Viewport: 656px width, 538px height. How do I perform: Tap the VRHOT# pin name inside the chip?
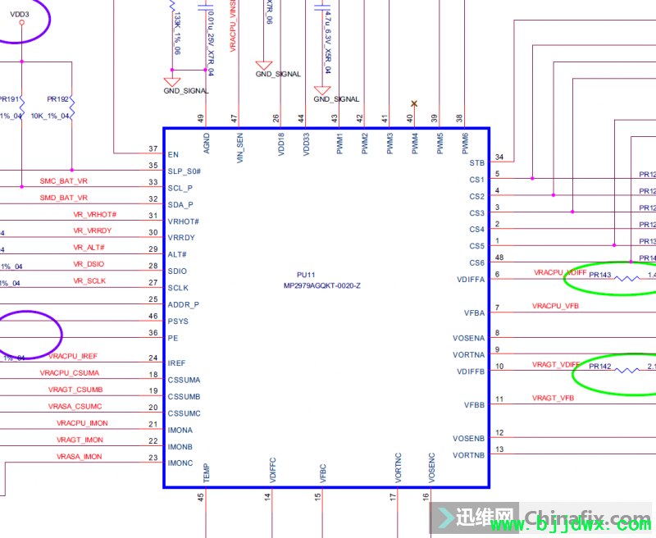[x=184, y=221]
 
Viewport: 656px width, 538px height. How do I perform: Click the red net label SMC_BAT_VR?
[x=63, y=181]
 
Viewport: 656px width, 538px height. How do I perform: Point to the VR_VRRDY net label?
[x=93, y=231]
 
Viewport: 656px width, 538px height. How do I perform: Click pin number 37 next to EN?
[x=153, y=148]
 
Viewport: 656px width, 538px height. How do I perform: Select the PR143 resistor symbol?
[x=627, y=278]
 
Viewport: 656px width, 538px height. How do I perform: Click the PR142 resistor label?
[x=600, y=367]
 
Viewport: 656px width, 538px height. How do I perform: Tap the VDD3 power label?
[x=20, y=14]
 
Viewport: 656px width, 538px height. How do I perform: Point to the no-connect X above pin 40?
[x=414, y=103]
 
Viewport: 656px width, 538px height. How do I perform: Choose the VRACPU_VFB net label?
[x=555, y=307]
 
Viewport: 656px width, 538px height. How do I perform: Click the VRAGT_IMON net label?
[x=79, y=440]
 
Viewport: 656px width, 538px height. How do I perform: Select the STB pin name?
[x=477, y=163]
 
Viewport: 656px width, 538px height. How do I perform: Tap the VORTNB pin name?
[x=468, y=455]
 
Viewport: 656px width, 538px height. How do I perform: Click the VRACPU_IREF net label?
[x=73, y=357]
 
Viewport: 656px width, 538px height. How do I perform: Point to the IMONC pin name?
[x=180, y=463]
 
